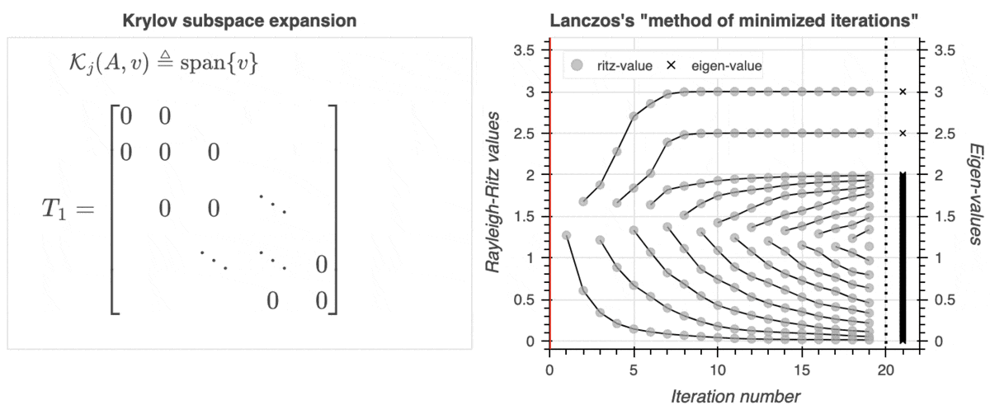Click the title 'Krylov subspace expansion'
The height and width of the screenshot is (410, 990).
coord(240,21)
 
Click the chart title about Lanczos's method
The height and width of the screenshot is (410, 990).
coord(733,21)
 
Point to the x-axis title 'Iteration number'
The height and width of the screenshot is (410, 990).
coord(733,396)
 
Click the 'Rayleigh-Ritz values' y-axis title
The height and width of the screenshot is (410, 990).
coord(496,195)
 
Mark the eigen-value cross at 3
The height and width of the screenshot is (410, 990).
coord(903,92)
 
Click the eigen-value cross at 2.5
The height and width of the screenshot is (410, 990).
coord(903,133)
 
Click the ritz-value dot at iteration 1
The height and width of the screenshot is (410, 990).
coord(566,235)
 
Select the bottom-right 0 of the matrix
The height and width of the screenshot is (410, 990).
coord(321,299)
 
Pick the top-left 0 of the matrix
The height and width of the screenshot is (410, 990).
coord(125,116)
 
